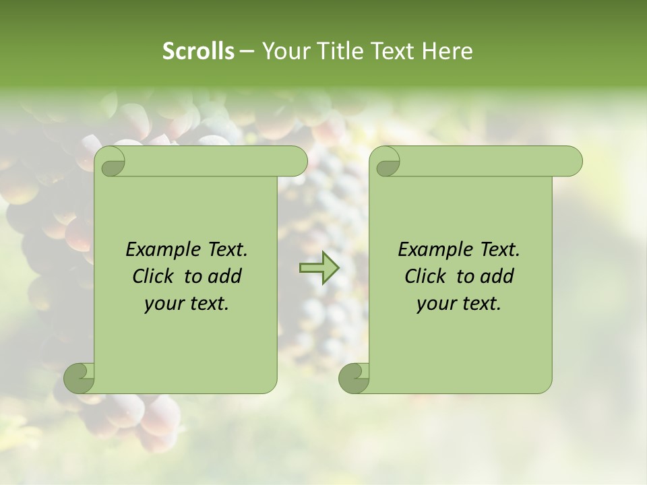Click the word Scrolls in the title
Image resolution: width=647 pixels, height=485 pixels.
pos(198,51)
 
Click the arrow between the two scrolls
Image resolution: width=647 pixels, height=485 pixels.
pos(318,268)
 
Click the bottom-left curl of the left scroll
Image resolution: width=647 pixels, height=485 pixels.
pos(80,377)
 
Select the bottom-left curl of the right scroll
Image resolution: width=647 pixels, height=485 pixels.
pos(354,377)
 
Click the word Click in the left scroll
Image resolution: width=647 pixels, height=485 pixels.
pos(155,276)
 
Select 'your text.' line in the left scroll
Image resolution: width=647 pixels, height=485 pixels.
pos(187,303)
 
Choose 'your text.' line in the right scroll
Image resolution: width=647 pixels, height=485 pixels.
pos(459,303)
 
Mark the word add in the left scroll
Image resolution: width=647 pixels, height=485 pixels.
pos(226,276)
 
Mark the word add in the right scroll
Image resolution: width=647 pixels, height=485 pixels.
pos(498,276)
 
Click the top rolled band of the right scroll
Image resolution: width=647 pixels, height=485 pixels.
pos(485,161)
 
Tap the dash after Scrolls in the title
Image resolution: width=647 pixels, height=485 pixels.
pos(247,51)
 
